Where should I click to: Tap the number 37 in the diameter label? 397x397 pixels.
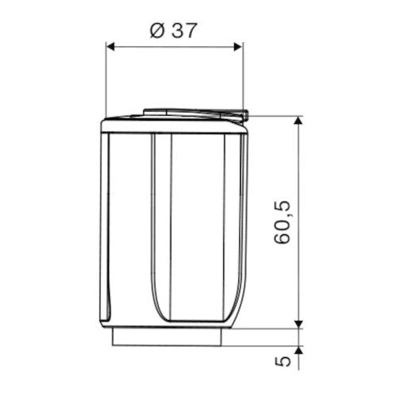point(184,31)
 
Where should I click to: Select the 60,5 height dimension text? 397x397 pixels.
point(283,222)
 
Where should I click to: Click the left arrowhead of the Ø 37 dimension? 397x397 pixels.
point(110,47)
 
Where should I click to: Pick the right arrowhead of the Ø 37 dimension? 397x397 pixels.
point(238,47)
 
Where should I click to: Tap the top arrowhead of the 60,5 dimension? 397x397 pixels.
point(299,121)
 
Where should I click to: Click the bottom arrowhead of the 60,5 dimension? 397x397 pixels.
point(299,324)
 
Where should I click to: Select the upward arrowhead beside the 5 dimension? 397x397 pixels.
point(299,350)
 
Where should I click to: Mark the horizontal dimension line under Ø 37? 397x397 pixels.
point(174,47)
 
